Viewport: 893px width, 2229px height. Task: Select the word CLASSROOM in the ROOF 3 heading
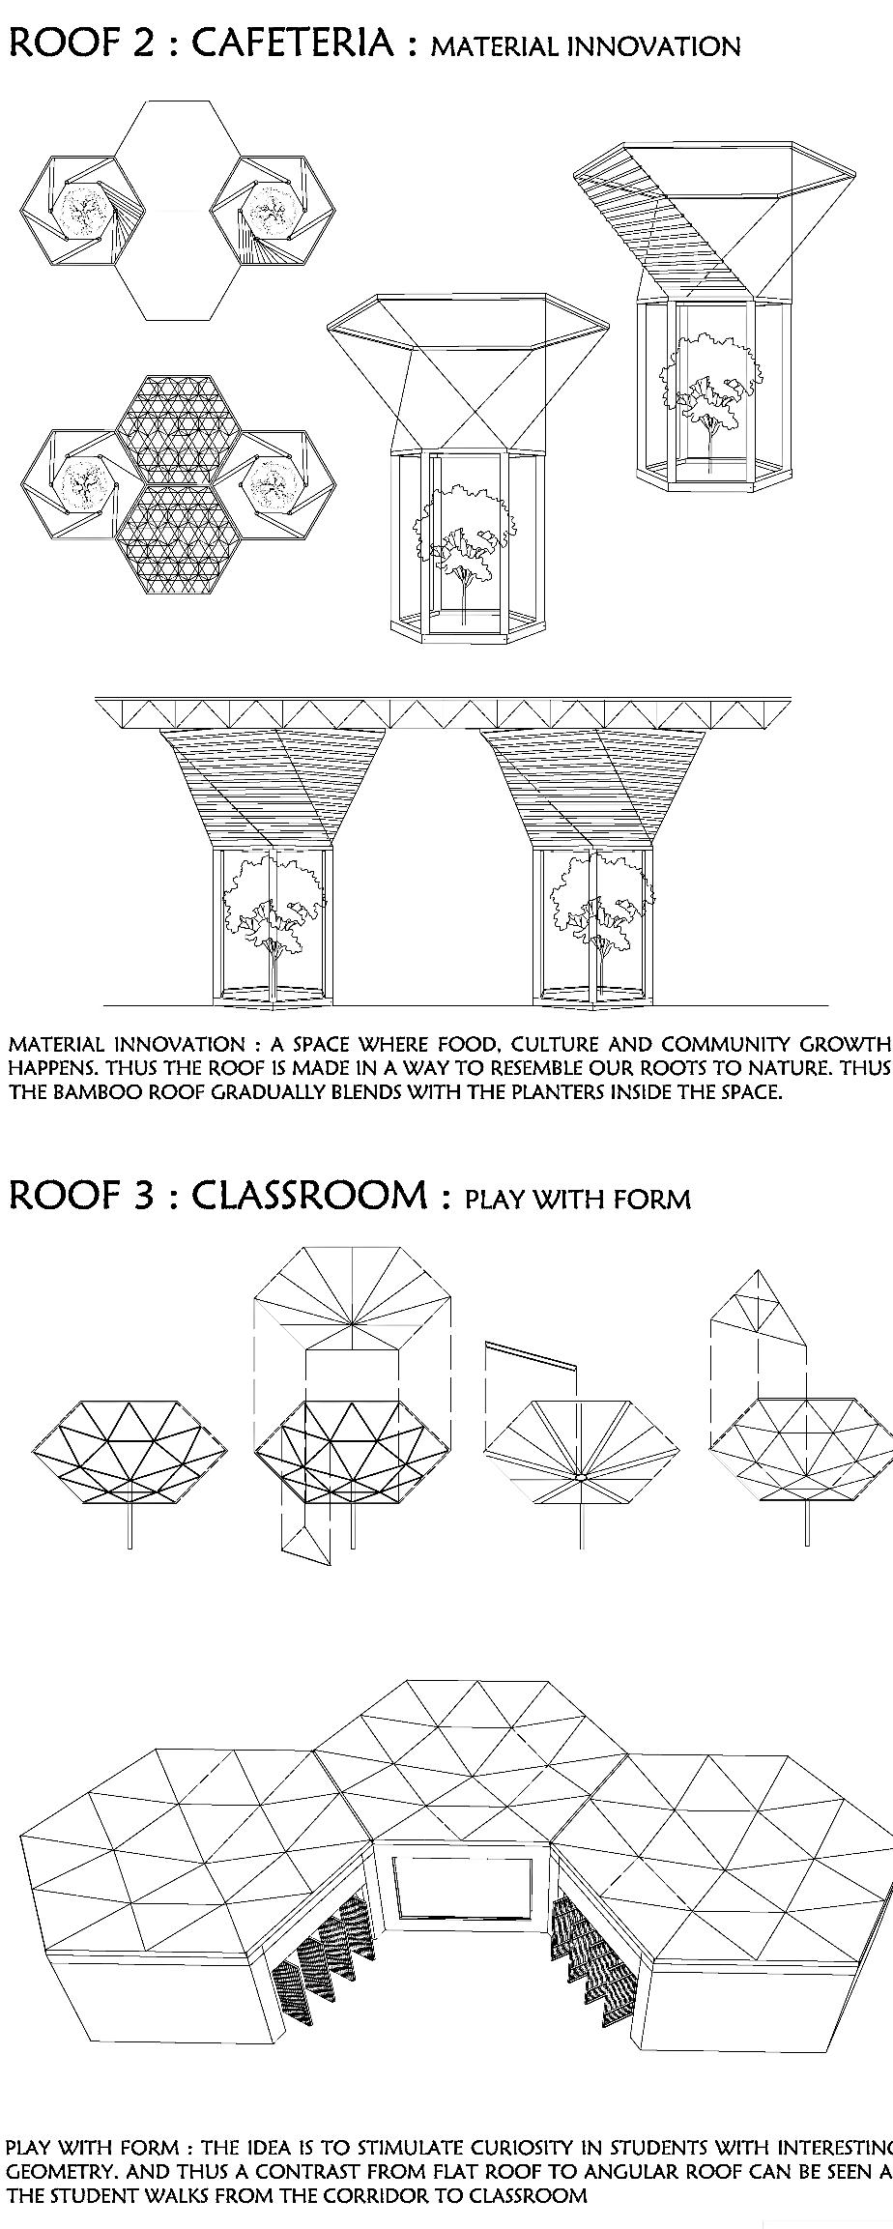(309, 1196)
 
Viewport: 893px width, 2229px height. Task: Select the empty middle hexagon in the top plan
(177, 210)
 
